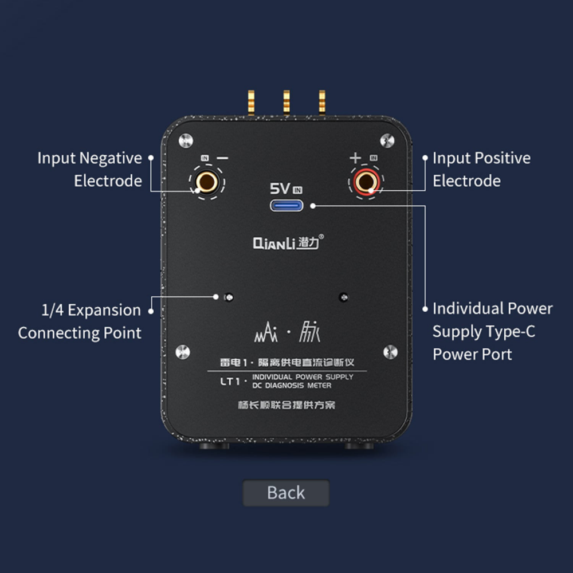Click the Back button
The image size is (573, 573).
(286, 493)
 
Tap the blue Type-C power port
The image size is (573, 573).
(286, 205)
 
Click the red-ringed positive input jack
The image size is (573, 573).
(366, 182)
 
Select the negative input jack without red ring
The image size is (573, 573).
(207, 182)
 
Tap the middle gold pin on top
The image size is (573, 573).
(286, 103)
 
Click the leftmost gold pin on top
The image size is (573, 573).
(251, 103)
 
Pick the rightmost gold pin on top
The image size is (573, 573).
(322, 103)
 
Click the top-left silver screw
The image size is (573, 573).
(186, 141)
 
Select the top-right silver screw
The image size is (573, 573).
(387, 141)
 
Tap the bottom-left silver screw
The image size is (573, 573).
(183, 352)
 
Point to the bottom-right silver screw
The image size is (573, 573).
(390, 352)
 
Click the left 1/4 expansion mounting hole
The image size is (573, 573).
(229, 297)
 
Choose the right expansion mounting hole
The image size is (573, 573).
(343, 297)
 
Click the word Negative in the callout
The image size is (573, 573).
(111, 159)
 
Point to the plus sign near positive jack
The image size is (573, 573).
(355, 158)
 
